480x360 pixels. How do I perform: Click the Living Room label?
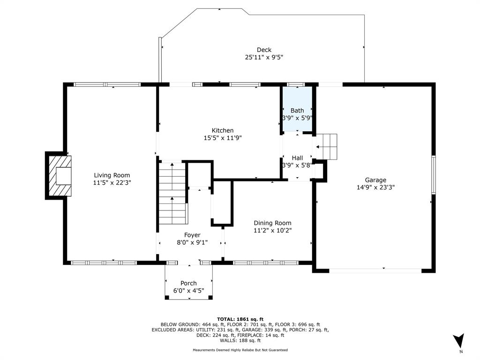112,175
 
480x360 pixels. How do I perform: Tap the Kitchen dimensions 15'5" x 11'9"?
223,138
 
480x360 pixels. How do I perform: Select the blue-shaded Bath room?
297,109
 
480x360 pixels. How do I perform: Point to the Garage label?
375,180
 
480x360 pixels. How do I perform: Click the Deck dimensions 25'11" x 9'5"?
264,57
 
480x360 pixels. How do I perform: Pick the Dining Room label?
272,223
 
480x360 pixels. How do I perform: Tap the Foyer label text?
192,235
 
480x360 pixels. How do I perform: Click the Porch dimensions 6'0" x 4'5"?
188,291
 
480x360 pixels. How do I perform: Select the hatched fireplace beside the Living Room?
60,176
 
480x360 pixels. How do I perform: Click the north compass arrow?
459,340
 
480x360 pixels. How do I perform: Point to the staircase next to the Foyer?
172,193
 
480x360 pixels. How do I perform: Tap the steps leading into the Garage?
326,147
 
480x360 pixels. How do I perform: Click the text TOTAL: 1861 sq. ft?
240,319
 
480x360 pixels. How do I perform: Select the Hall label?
297,158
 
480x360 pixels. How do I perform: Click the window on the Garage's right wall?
434,174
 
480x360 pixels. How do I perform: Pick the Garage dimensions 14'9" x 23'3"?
375,187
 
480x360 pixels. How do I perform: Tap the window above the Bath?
295,84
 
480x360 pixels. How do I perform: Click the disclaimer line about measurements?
240,350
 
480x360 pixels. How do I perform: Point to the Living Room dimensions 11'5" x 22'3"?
112,182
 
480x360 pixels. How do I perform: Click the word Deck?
264,50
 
